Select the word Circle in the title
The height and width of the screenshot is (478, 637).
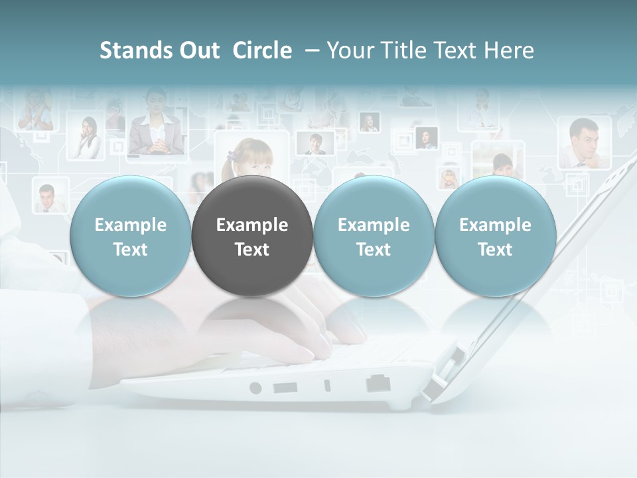[262, 50]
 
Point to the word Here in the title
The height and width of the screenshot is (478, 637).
[509, 50]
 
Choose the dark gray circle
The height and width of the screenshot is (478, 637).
[252, 236]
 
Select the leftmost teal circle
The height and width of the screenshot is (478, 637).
[131, 236]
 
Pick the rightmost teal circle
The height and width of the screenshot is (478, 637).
[495, 236]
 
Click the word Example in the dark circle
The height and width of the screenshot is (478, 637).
[252, 225]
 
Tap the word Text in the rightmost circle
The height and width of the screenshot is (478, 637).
[495, 249]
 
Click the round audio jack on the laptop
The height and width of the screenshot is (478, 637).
[255, 388]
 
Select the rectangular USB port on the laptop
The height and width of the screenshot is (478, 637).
[283, 387]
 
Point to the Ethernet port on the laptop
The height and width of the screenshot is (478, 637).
[378, 383]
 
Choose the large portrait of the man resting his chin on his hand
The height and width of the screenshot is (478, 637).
[584, 143]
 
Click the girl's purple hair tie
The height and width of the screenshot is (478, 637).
[232, 155]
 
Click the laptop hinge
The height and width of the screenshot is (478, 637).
[441, 372]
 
